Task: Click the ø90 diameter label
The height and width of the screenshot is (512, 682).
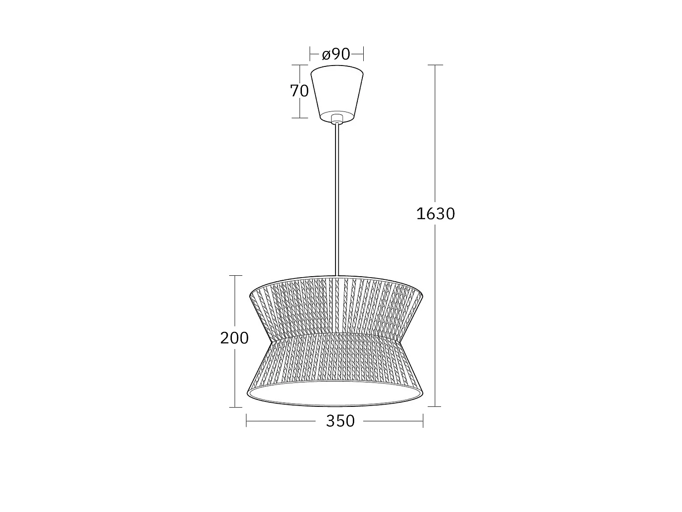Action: pos(336,55)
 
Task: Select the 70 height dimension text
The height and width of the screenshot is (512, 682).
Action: pos(300,91)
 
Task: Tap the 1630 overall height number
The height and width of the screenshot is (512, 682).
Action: pos(435,214)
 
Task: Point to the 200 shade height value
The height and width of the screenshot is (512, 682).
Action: pos(234,338)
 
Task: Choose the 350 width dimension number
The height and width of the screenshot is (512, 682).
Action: pos(340,421)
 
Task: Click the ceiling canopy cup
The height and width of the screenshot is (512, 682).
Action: pos(337,93)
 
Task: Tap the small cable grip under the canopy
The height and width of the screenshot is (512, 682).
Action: pos(337,119)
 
